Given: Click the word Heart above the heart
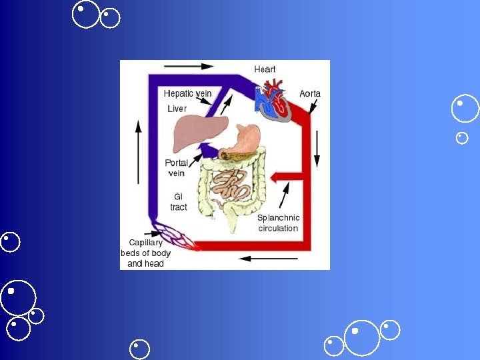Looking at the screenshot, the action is [265, 69].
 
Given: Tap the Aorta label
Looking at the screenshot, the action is [309, 94].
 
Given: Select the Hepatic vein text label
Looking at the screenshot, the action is [187, 94].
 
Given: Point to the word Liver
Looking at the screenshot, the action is [177, 109].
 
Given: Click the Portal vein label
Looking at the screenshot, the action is [176, 168].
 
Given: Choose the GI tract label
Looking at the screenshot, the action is [179, 202].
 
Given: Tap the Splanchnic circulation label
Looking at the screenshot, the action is [279, 223].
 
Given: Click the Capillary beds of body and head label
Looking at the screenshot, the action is [145, 253].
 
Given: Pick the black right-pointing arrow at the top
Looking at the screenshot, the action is [189, 66].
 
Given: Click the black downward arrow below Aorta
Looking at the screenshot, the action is [317, 148].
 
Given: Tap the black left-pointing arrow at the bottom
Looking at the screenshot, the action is [259, 258].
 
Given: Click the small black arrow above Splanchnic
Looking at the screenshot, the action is [285, 195].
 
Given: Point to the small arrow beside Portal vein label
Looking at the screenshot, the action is [197, 157].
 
